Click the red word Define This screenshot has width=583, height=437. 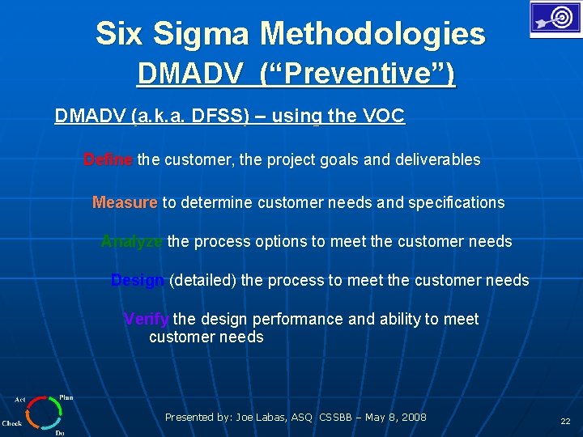(108, 160)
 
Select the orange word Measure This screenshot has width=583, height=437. (125, 203)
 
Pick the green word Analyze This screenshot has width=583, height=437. (132, 242)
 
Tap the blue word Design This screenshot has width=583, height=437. (138, 281)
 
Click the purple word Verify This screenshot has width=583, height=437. (146, 320)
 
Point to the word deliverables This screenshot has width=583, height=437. (437, 160)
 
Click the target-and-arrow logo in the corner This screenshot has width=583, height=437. (555, 19)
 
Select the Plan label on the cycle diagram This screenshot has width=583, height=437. (66, 397)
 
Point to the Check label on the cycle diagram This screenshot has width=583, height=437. (12, 423)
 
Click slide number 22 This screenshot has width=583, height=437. (565, 422)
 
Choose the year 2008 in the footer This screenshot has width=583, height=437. (413, 418)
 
